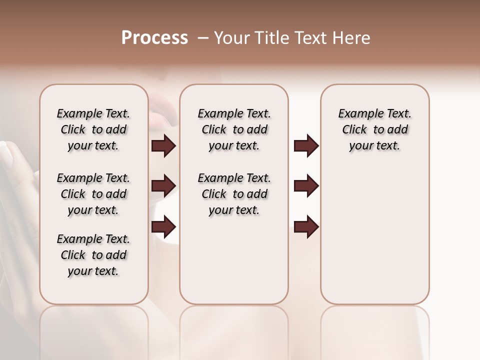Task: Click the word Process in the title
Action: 154,38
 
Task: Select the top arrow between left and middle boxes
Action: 163,146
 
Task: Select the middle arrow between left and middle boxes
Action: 163,186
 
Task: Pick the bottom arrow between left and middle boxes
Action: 163,226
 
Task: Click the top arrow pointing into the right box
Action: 306,146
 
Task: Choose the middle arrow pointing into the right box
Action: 306,186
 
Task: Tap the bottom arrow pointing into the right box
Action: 306,226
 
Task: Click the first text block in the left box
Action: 93,129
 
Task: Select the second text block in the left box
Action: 93,194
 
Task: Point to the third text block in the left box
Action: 93,255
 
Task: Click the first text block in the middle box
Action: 234,129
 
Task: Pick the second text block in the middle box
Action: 234,194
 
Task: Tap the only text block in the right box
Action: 375,129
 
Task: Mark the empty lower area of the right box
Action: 375,235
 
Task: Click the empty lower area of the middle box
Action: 234,260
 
